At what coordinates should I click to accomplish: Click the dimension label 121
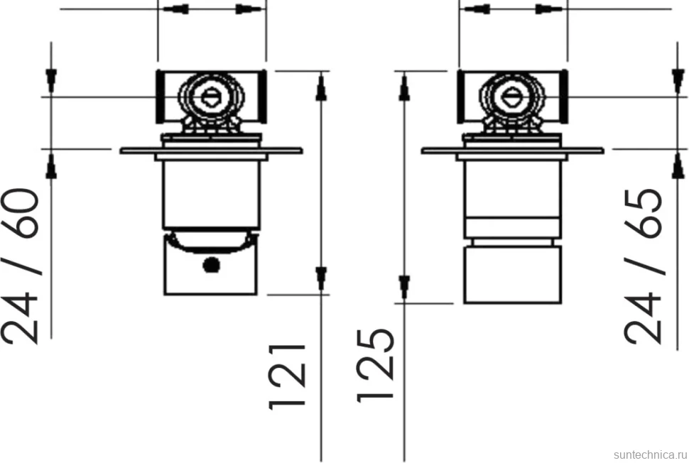click(x=287, y=377)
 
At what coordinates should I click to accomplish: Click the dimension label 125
click(x=375, y=366)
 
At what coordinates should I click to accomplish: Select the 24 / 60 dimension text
click(x=20, y=266)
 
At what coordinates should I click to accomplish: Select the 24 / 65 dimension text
click(x=643, y=266)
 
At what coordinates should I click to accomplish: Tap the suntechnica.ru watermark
click(x=651, y=454)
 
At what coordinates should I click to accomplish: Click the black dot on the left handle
click(x=212, y=265)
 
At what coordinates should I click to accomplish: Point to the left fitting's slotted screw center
click(x=212, y=97)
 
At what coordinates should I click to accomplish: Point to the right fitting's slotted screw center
click(x=512, y=97)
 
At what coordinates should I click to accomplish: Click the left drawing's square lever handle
click(x=210, y=263)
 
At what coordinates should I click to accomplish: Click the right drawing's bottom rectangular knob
click(x=512, y=275)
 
